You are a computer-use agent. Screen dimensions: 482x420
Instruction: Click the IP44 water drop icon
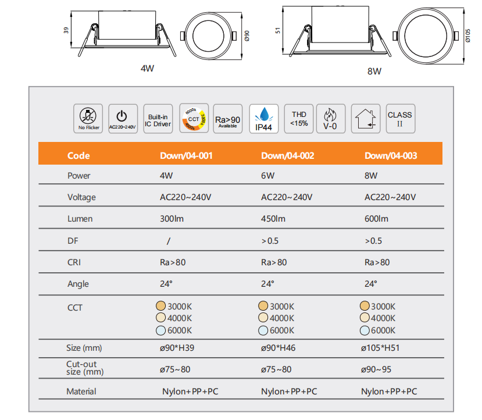pos(264,119)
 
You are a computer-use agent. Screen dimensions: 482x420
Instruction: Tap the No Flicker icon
pos(88,119)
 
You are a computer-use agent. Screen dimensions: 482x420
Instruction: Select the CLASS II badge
pos(401,119)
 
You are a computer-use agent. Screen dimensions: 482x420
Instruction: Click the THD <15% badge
pos(299,119)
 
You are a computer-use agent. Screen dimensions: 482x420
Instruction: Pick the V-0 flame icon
pos(331,119)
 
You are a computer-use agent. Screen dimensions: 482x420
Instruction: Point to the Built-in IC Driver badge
pos(158,119)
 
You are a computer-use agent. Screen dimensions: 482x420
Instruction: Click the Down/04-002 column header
pos(288,155)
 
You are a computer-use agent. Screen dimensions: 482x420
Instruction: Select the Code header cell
pos(78,155)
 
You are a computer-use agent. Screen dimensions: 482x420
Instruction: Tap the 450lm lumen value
pos(273,219)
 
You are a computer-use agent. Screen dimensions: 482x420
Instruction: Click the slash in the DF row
pos(169,241)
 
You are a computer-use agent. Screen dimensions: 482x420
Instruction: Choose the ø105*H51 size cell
pos(380,348)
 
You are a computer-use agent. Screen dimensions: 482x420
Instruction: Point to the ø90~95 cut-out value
pos(376,369)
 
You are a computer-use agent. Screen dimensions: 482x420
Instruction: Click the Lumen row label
pos(80,219)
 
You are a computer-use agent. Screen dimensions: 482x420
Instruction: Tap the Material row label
pos(81,391)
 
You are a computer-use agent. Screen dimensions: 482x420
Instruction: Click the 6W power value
pos(267,176)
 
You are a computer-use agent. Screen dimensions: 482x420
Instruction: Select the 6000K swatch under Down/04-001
pos(161,330)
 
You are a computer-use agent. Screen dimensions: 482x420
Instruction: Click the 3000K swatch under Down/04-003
pos(365,305)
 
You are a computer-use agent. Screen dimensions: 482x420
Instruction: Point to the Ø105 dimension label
pos(467,35)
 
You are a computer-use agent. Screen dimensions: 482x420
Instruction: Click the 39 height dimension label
pos(66,30)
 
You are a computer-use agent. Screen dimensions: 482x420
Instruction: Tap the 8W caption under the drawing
pos(374,72)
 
